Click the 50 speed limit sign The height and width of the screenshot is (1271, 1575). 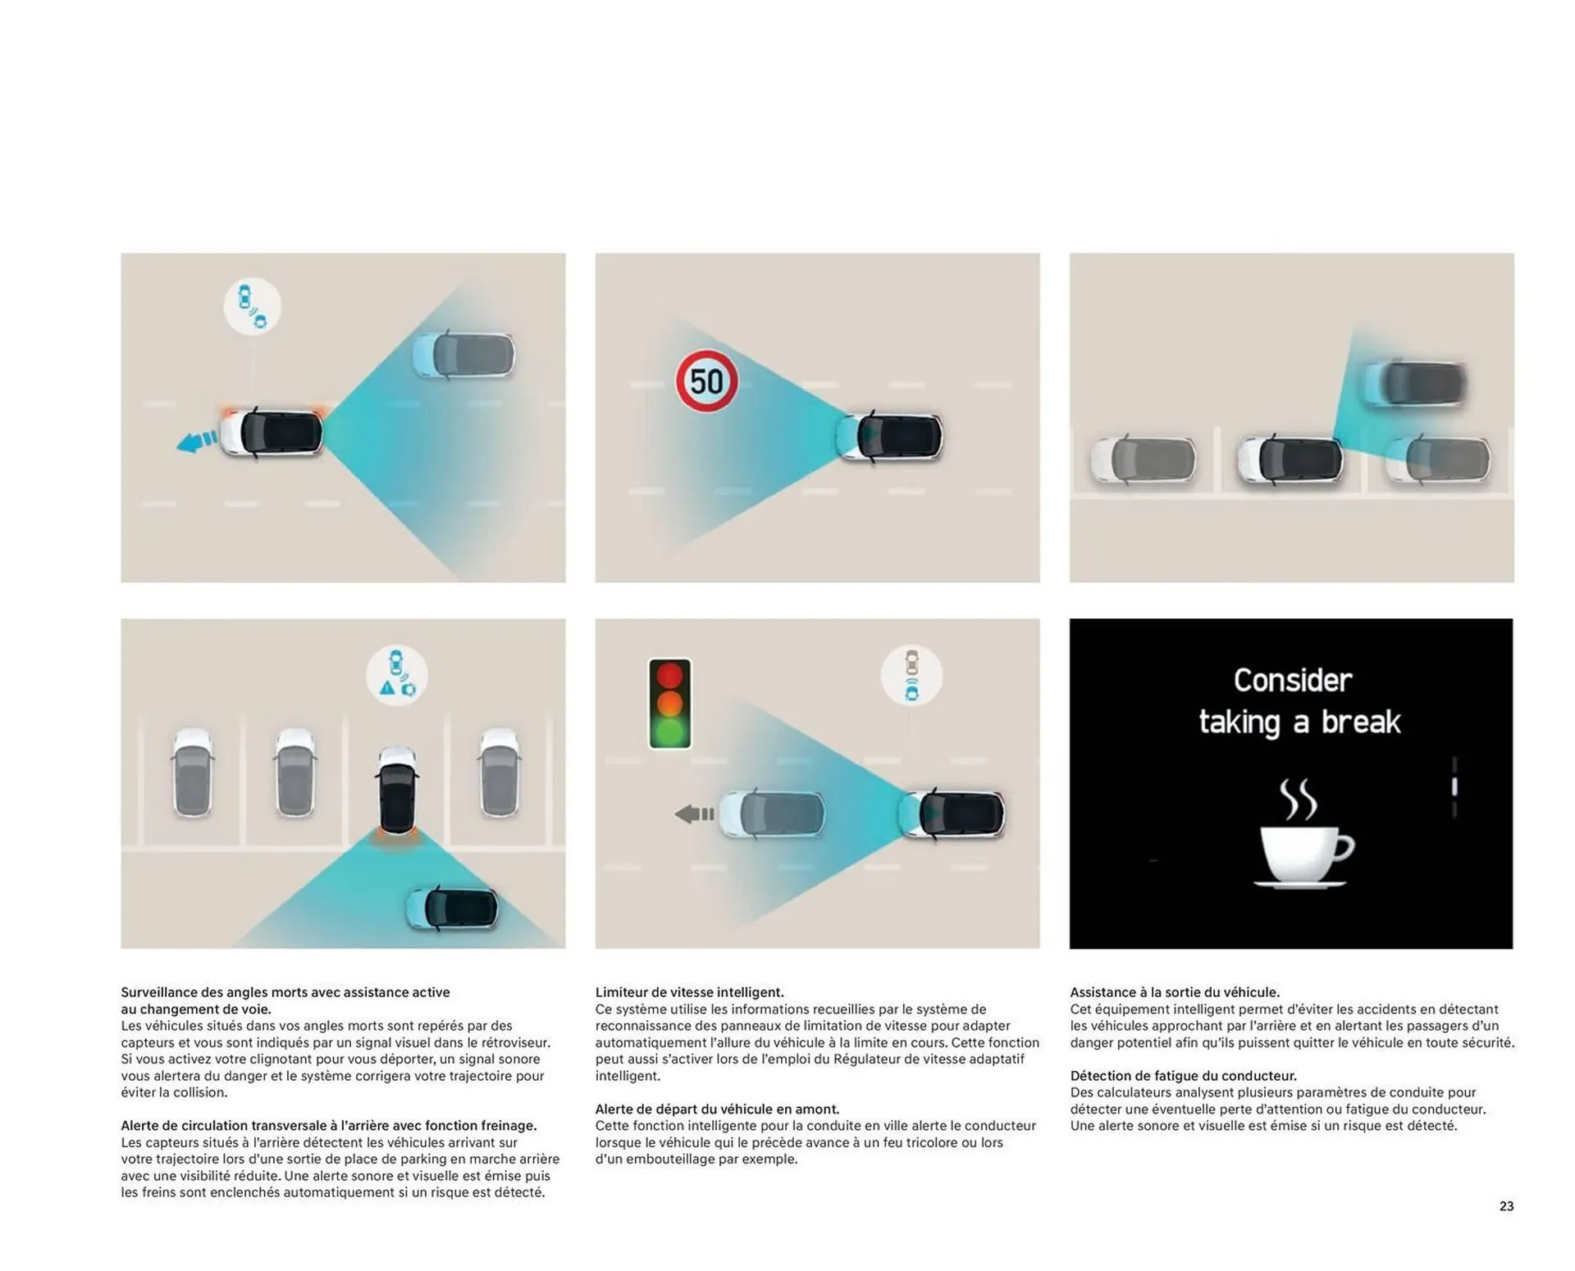click(706, 381)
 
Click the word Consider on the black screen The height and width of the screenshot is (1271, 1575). click(1293, 680)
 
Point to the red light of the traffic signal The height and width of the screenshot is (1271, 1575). click(669, 676)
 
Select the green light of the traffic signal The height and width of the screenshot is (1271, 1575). click(669, 731)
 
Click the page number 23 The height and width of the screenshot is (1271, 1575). click(1506, 1206)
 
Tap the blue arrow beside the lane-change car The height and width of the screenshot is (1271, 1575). click(197, 442)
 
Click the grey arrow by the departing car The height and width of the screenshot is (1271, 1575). click(694, 814)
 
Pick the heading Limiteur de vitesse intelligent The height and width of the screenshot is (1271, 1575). click(689, 992)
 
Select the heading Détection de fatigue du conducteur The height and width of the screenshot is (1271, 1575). click(1183, 1076)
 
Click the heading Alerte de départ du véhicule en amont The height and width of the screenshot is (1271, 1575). click(717, 1109)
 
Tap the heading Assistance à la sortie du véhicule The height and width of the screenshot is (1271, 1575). click(1175, 992)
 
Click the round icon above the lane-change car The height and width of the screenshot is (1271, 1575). click(252, 307)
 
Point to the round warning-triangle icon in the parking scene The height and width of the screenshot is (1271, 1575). click(396, 675)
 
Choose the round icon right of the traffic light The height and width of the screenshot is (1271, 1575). click(911, 675)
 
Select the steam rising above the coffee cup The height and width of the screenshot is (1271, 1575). click(1299, 799)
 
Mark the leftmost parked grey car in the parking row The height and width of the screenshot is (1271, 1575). click(193, 772)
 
